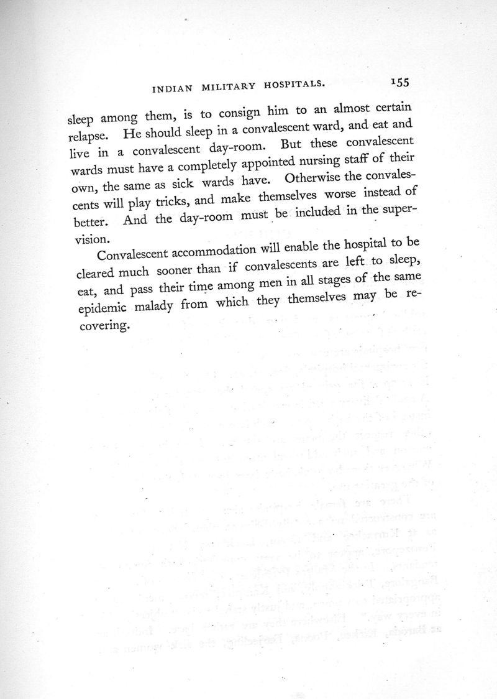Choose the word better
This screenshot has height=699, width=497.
(88, 221)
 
